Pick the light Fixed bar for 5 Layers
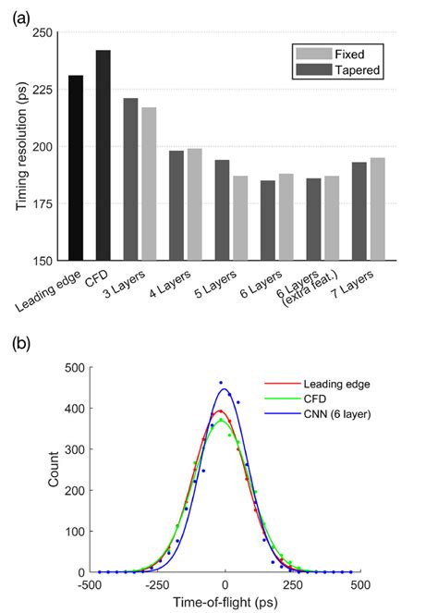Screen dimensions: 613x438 [x=239, y=218]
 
